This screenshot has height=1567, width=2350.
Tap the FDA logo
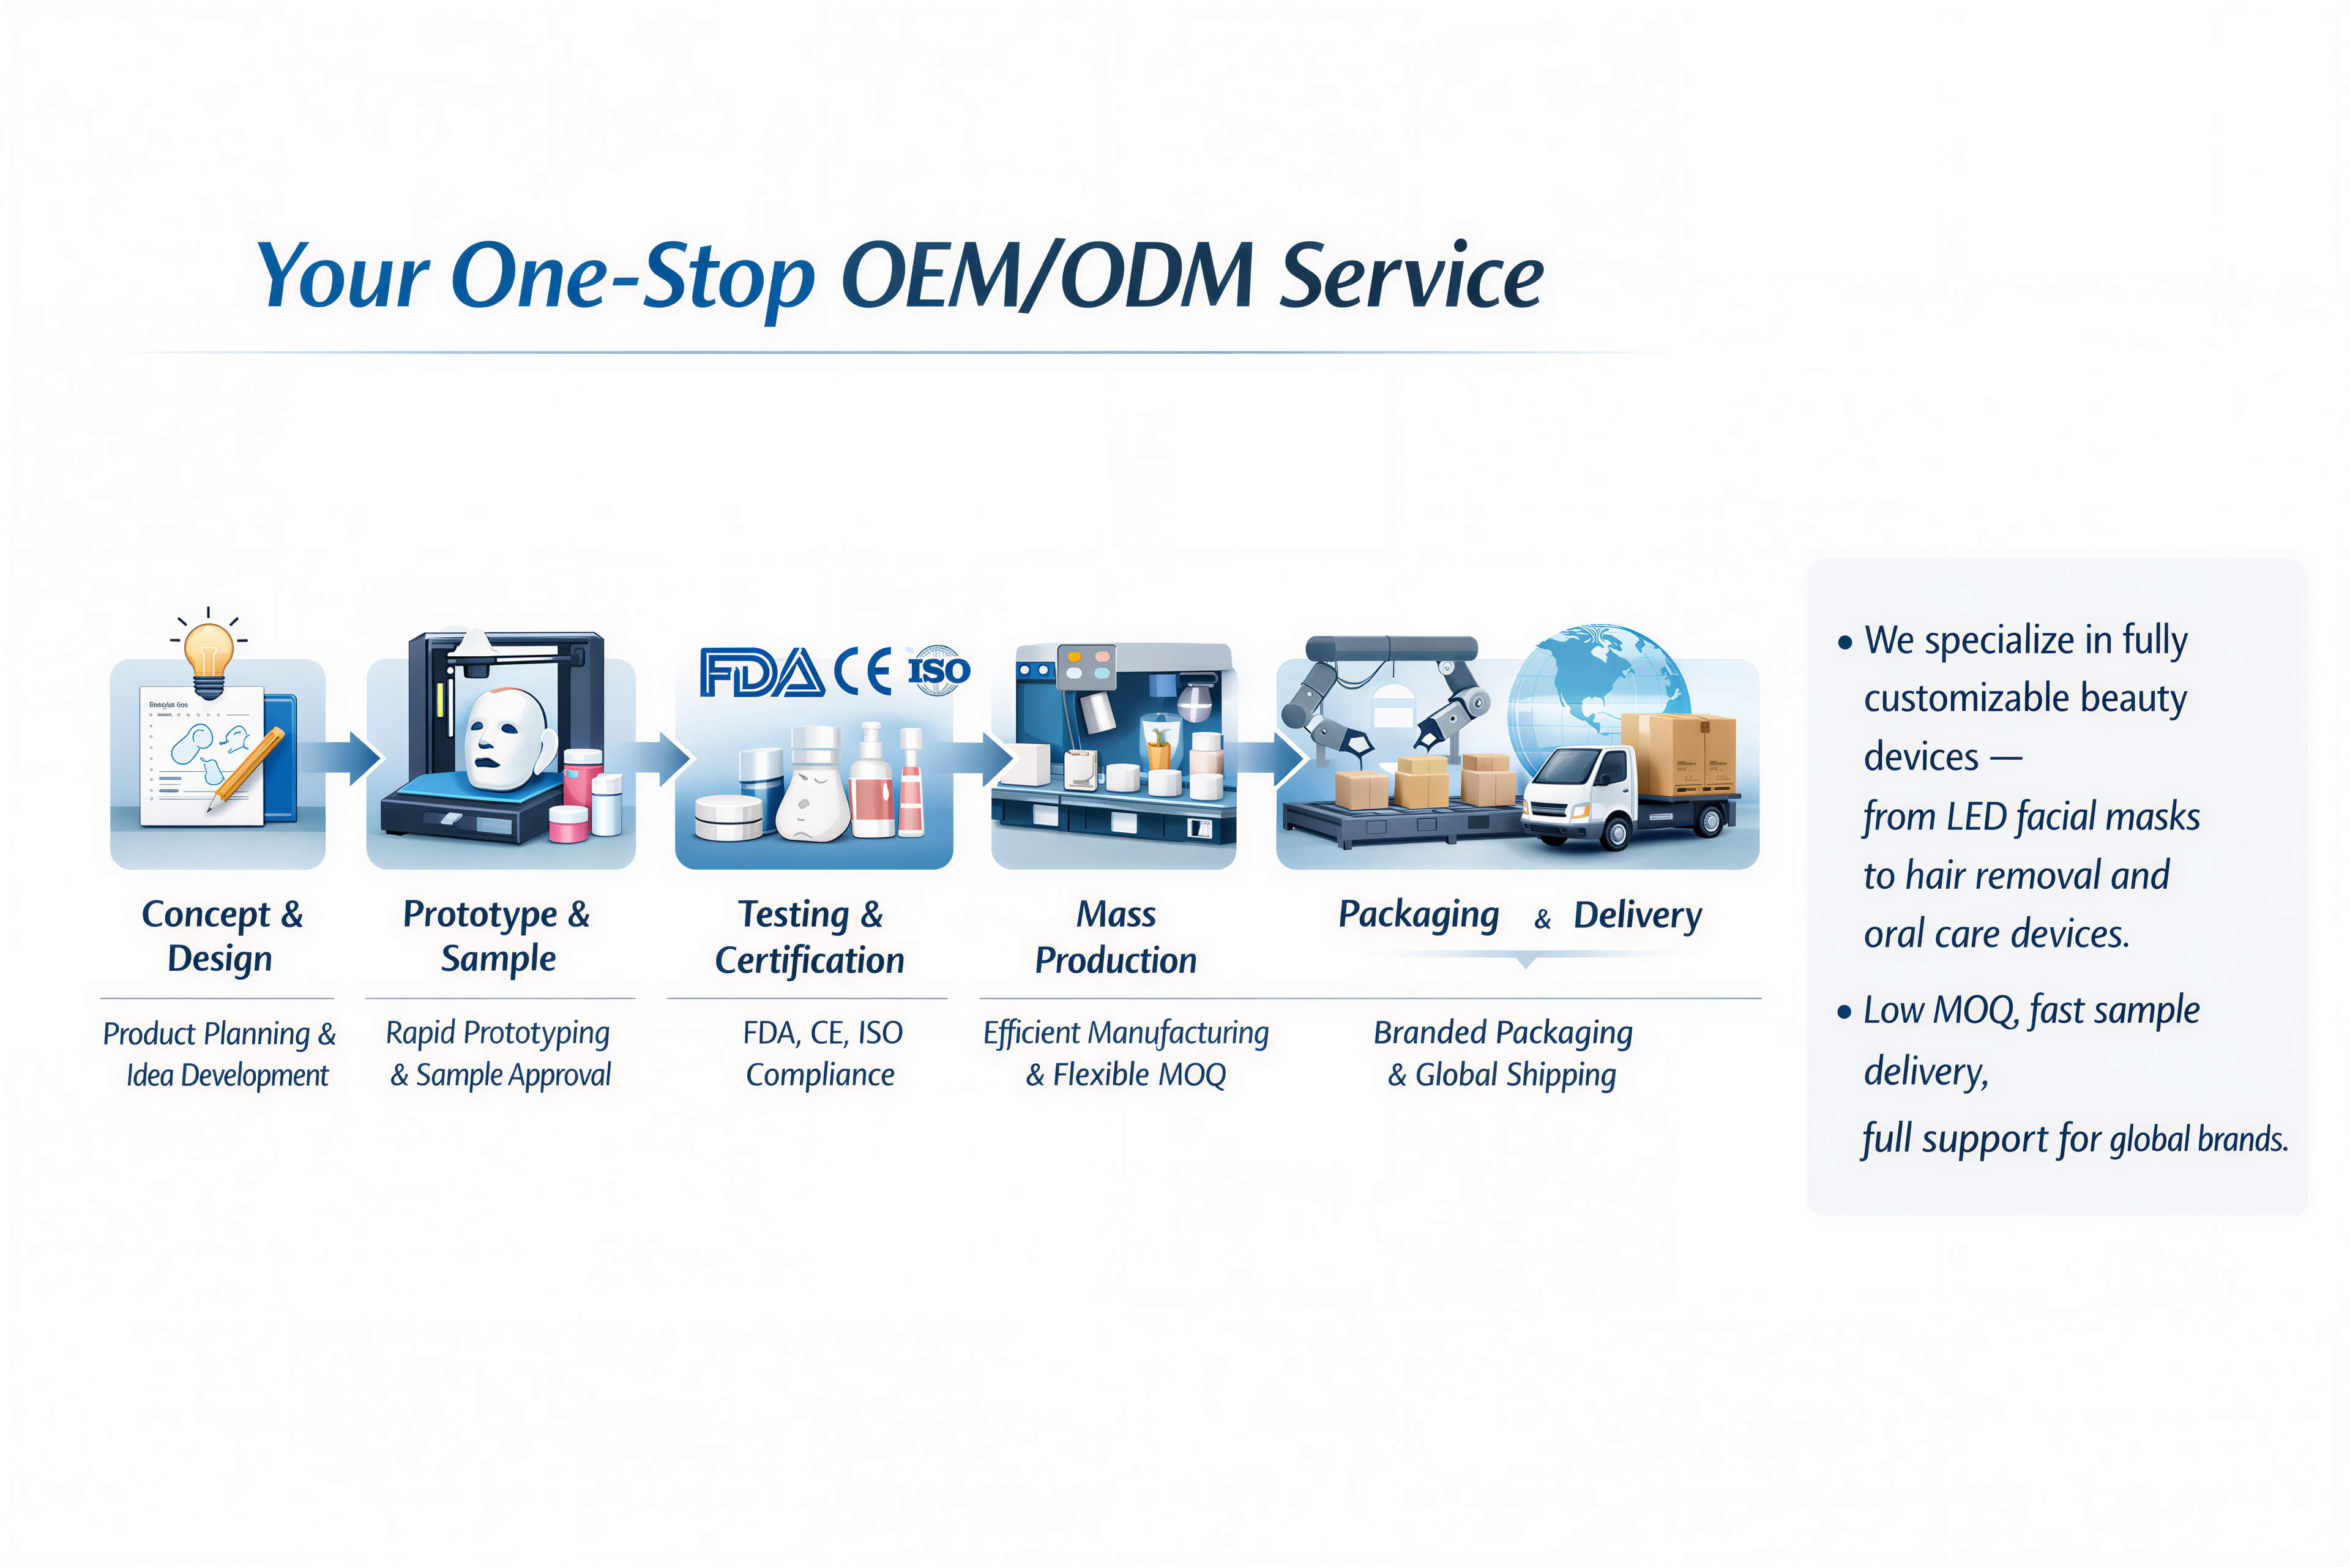click(761, 671)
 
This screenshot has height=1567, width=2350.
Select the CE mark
click(864, 671)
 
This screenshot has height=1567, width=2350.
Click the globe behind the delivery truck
click(1598, 700)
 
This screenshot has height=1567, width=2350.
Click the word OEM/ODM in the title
click(1047, 275)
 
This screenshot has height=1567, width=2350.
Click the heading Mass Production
click(1116, 937)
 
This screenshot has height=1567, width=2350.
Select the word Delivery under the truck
click(1638, 916)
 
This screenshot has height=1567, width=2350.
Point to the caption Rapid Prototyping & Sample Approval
click(499, 1053)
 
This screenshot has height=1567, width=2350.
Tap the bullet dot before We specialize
click(1845, 643)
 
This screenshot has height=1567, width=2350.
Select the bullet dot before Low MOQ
click(1845, 1012)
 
